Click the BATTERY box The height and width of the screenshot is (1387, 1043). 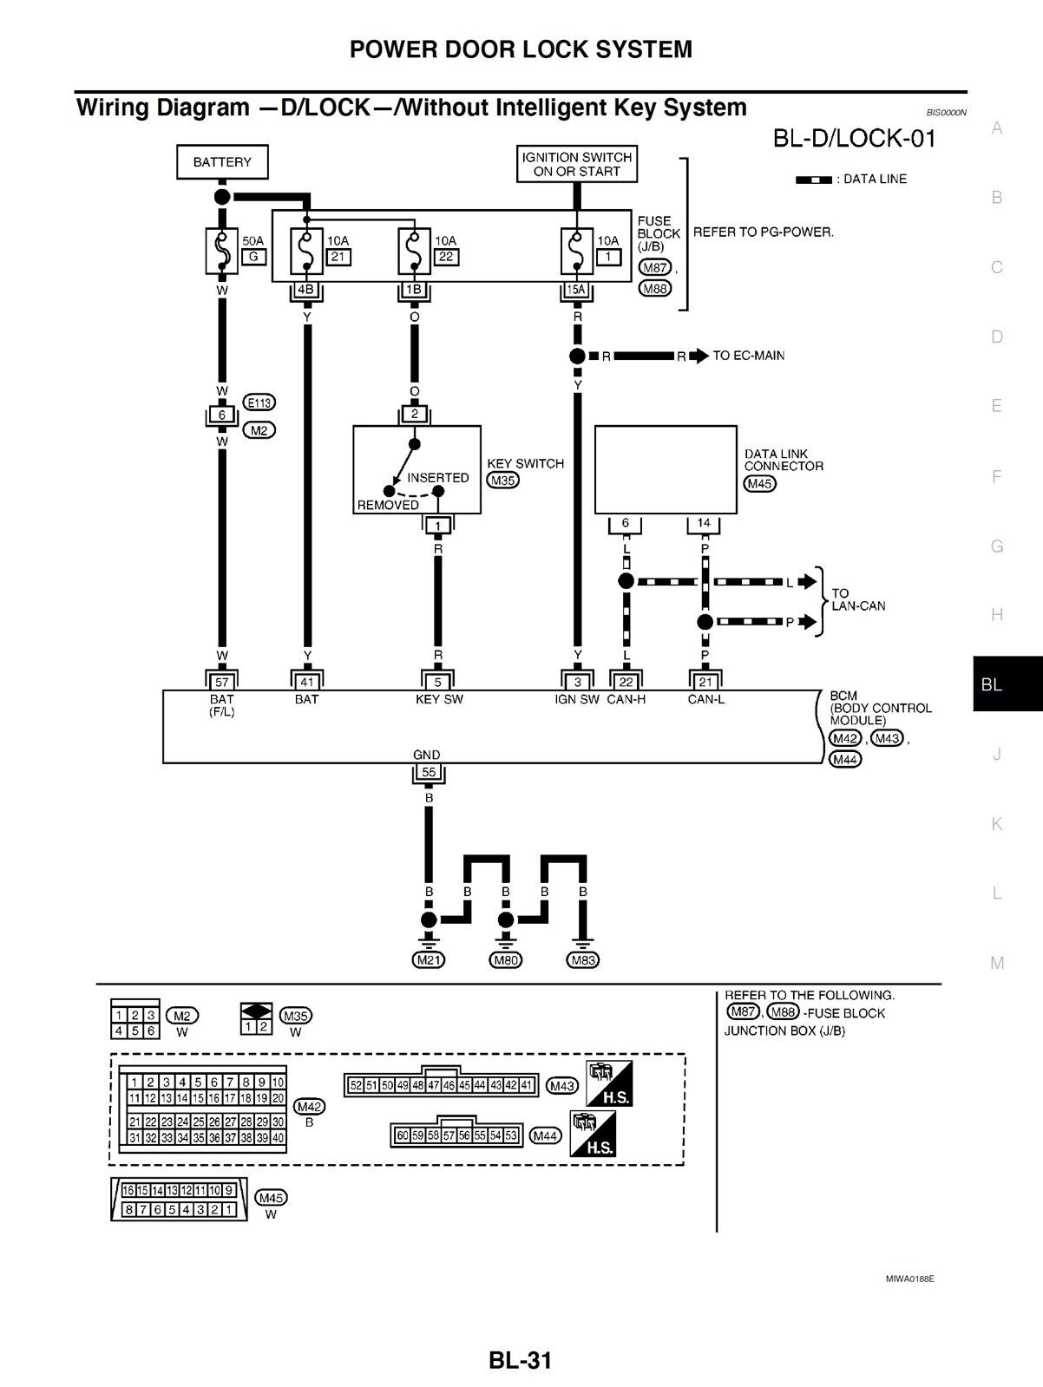[x=222, y=162]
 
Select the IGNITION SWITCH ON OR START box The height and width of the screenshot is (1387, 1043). [x=577, y=164]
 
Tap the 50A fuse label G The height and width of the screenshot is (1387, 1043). [x=253, y=256]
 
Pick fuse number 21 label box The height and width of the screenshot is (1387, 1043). [x=338, y=257]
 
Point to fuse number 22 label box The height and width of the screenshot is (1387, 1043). [x=446, y=257]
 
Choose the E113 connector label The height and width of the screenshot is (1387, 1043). [x=259, y=402]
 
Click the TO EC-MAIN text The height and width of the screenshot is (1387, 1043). [x=748, y=356]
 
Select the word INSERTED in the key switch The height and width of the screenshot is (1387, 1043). [x=437, y=478]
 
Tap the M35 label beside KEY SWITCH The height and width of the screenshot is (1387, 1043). [x=502, y=481]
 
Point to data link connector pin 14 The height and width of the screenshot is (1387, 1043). [x=704, y=523]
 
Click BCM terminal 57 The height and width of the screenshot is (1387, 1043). [x=222, y=683]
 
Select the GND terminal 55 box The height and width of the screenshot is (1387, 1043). [x=428, y=772]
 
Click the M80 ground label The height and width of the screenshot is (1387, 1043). [x=506, y=960]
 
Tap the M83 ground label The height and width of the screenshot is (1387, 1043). [x=582, y=960]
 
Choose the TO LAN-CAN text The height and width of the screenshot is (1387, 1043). [x=857, y=599]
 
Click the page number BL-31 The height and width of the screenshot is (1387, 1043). [x=520, y=1360]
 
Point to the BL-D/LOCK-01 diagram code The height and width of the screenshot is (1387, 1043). [x=854, y=139]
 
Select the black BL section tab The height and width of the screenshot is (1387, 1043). [x=1007, y=684]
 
